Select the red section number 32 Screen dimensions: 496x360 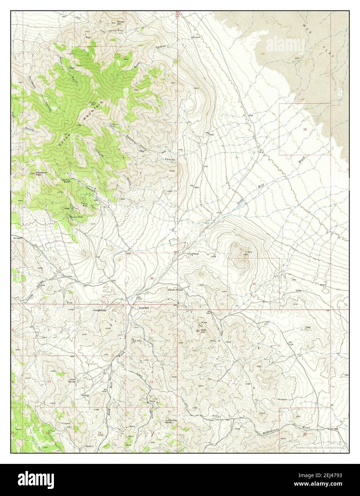pyautogui.click(x=254, y=284)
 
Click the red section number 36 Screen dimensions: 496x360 pyautogui.click(x=152, y=278)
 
